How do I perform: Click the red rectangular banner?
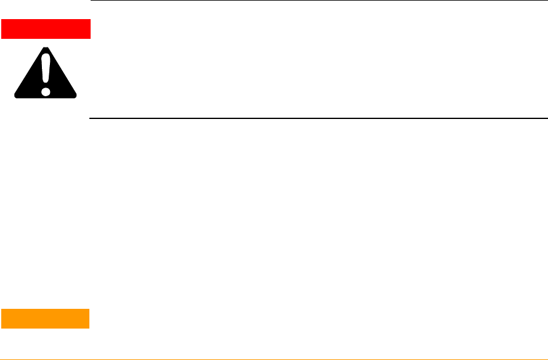point(46,29)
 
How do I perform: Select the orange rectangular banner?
point(46,318)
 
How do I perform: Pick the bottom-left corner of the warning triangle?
point(17,97)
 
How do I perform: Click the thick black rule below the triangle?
point(319,118)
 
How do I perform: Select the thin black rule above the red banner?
point(319,1)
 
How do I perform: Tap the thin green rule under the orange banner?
point(274,358)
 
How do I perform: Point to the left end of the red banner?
point(2,29)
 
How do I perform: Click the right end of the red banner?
point(89,29)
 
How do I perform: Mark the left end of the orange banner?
point(2,318)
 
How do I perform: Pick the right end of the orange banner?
point(89,318)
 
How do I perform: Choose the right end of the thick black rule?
point(546,118)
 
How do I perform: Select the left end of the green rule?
point(1,358)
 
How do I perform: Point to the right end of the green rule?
point(546,358)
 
